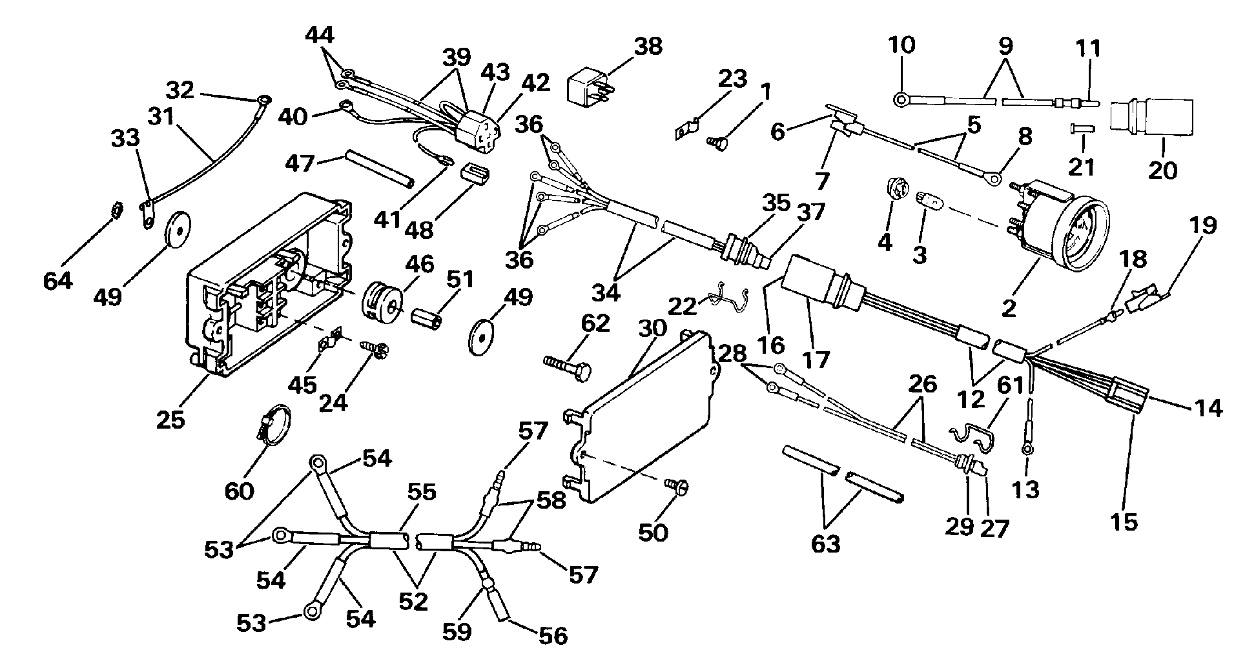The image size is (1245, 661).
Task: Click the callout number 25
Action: (170, 420)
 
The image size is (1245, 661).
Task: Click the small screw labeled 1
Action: (715, 142)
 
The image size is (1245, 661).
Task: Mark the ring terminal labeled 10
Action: (900, 100)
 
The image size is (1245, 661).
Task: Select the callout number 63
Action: (825, 544)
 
